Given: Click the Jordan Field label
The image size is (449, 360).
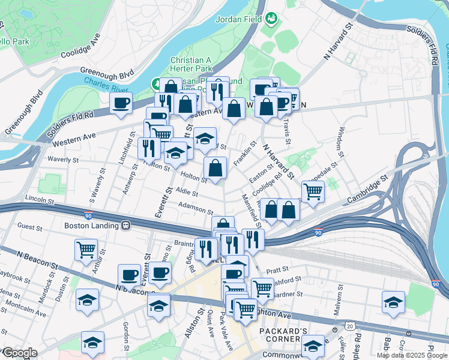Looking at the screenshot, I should click(240, 19).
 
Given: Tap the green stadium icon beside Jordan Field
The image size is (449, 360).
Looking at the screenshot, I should click(271, 19).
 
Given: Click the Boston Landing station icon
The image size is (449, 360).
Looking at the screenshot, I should click(126, 226).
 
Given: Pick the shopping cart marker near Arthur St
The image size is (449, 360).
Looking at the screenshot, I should click(86, 249).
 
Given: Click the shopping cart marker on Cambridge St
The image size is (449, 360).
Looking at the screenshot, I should click(313, 192).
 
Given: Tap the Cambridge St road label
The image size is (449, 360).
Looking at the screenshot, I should click(367, 185).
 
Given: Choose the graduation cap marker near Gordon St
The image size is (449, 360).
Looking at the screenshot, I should click(93, 343).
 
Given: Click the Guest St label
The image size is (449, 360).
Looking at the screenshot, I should click(29, 226).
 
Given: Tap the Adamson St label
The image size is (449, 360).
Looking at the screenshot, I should click(196, 208).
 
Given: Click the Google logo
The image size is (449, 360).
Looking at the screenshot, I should click(19, 353).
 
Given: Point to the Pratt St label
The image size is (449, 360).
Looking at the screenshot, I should click(279, 270).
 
